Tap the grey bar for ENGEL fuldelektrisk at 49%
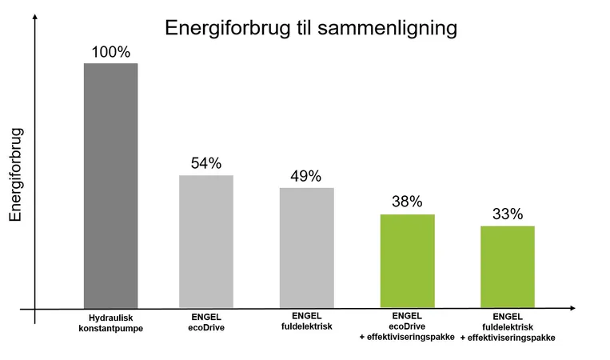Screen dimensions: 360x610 [x=306, y=248]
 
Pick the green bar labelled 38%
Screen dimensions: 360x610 [x=407, y=261]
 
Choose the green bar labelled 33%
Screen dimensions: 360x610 [x=507, y=267]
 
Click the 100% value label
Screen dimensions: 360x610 [x=111, y=52]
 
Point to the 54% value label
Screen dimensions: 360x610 [x=205, y=164]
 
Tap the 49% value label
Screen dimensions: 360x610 [x=306, y=176]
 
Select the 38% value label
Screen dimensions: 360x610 [x=407, y=202]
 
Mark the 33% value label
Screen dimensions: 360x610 [x=507, y=214]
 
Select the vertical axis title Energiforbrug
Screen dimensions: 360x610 [x=16, y=174]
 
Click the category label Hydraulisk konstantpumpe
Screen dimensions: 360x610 [x=111, y=322]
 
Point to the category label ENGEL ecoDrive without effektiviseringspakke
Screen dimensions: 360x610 [x=205, y=322]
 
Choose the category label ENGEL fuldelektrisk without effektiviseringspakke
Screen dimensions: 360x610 [x=306, y=322]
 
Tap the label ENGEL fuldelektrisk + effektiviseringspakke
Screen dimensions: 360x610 [x=507, y=327]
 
